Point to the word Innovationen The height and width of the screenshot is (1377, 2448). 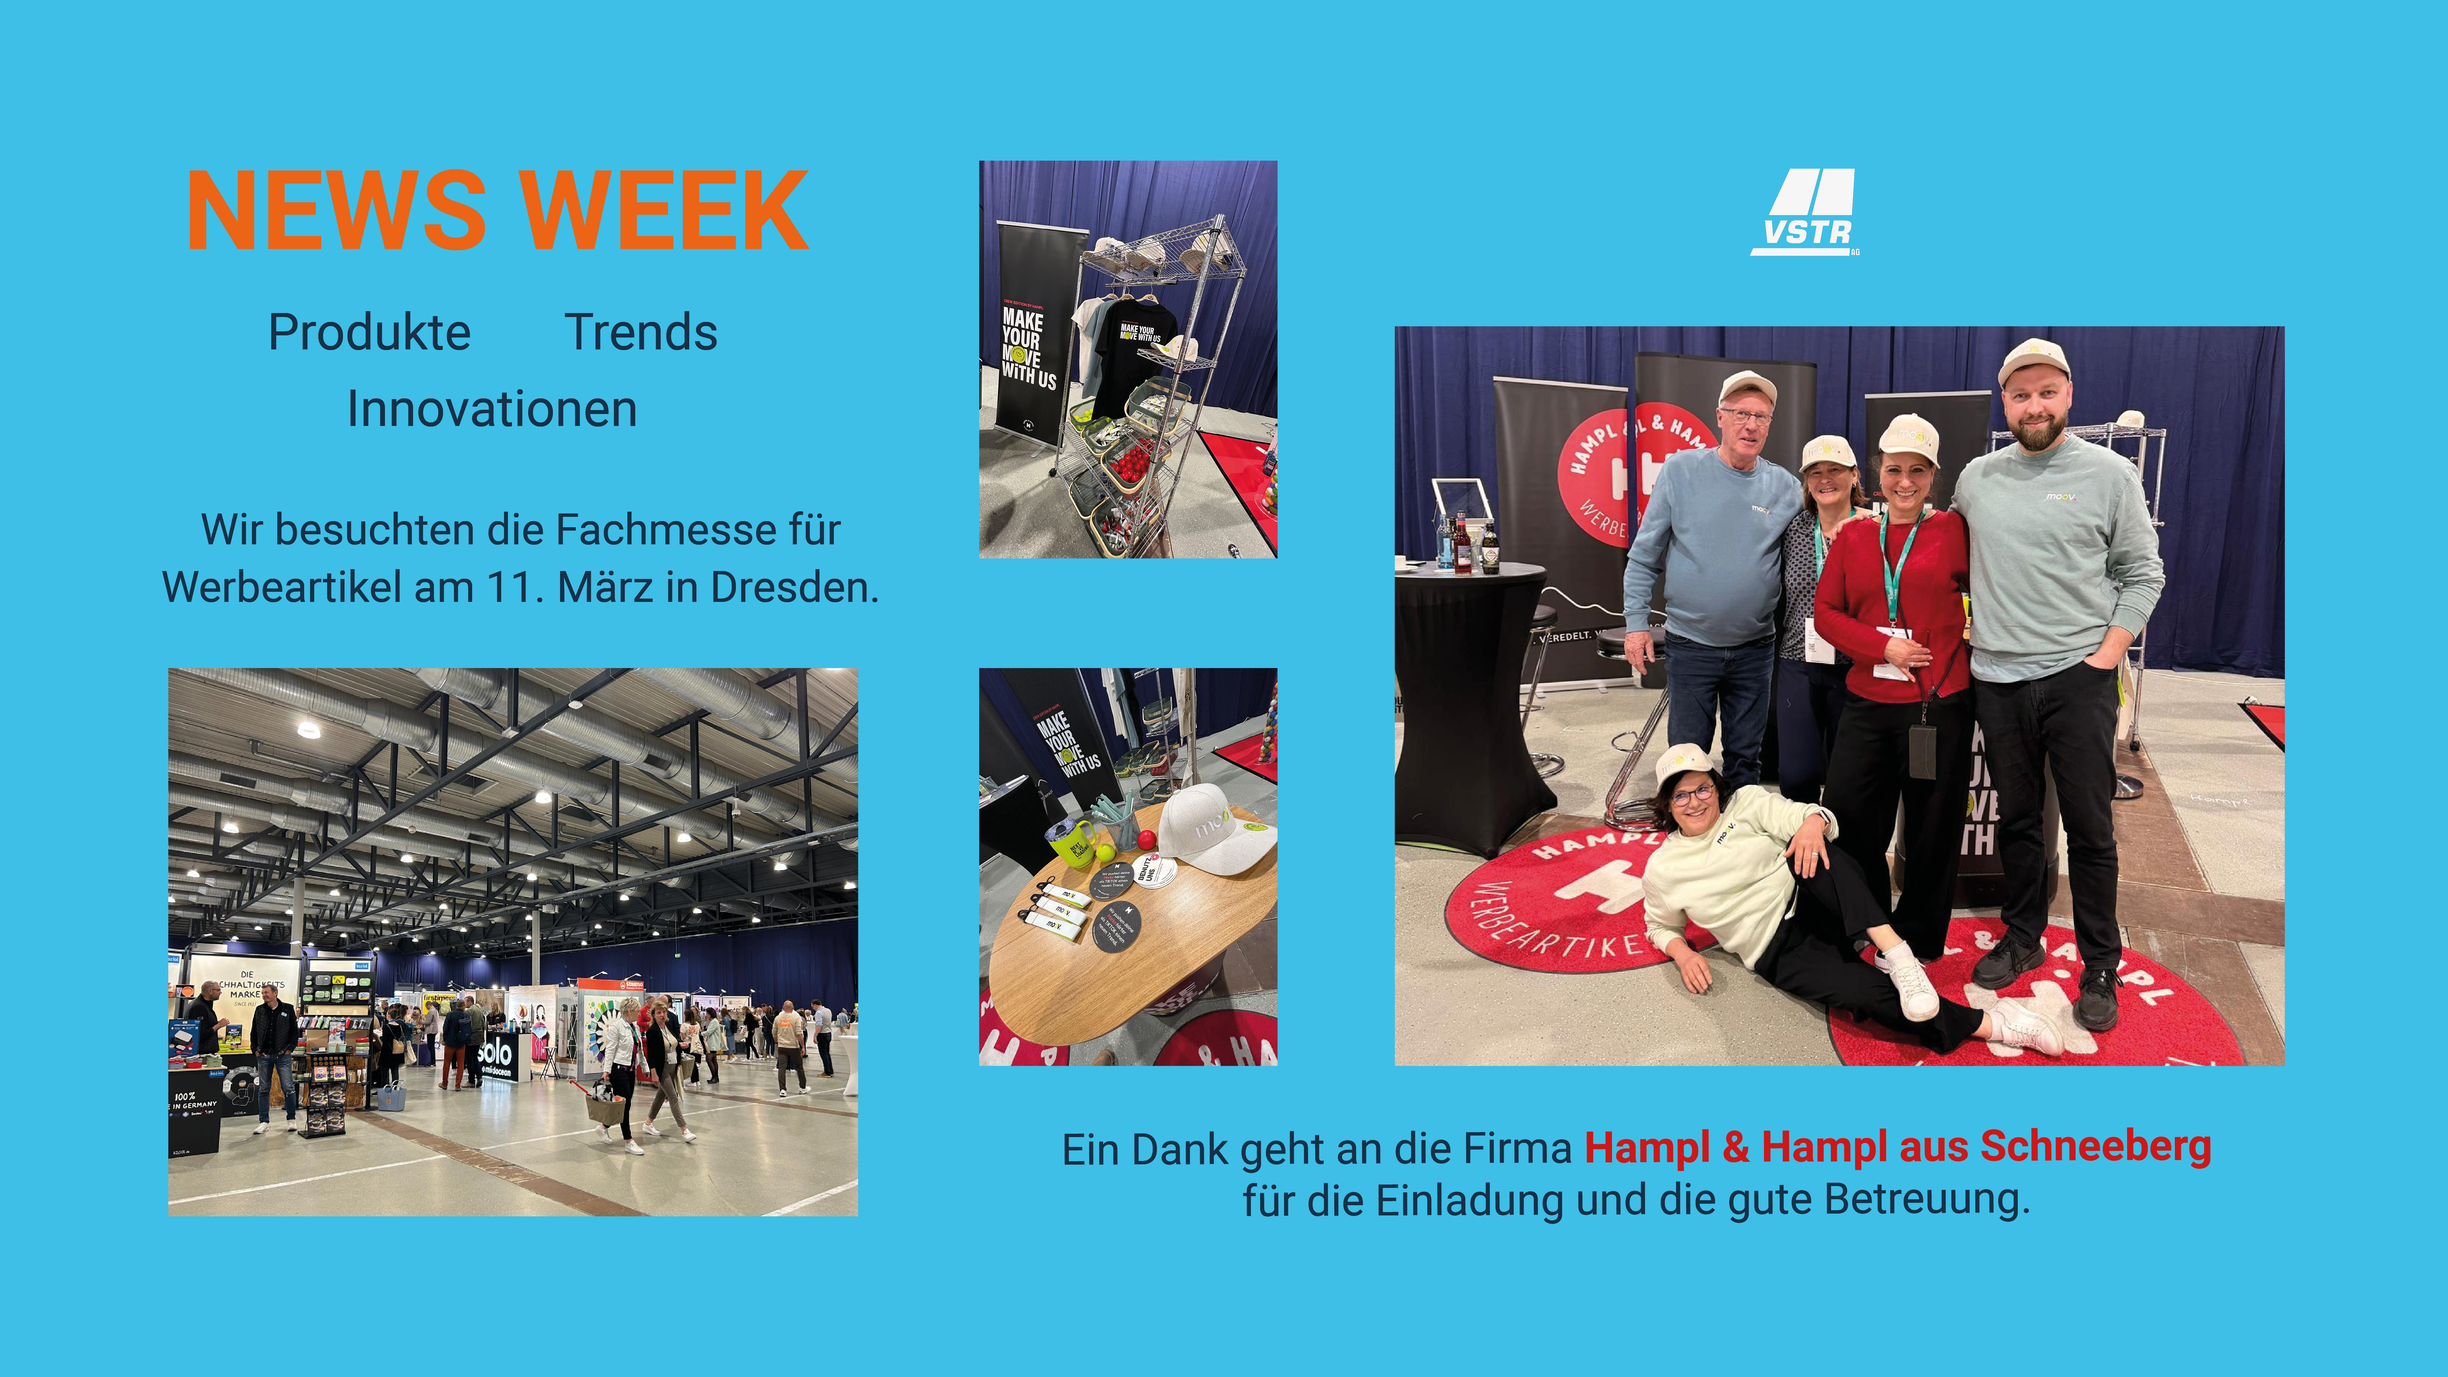pos(491,410)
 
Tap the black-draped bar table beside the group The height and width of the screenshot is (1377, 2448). pos(1468,703)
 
